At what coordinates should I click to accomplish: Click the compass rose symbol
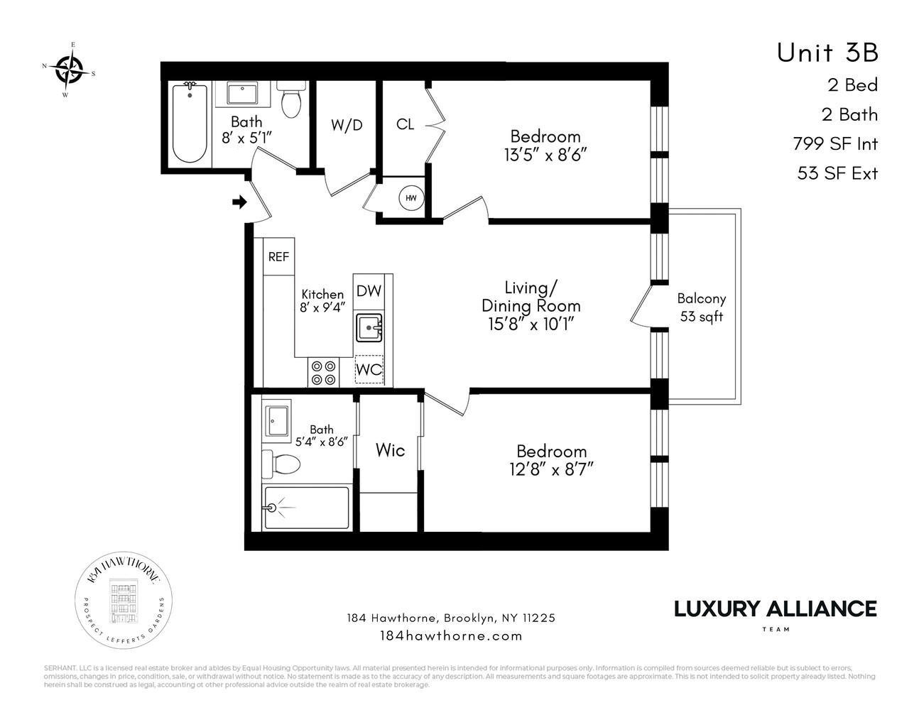69,69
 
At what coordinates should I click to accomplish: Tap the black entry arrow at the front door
239,202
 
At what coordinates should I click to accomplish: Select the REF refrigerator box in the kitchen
278,256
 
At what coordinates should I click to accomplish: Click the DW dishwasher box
369,290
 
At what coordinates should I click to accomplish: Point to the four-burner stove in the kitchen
323,373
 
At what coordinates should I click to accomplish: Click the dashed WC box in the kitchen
369,370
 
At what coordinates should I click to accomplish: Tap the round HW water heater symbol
411,198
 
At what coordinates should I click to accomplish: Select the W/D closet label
347,125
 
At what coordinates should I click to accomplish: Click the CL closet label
405,124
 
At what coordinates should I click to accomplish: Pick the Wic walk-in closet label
390,450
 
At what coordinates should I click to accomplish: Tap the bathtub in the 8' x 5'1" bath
190,121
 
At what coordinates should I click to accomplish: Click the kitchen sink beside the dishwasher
369,328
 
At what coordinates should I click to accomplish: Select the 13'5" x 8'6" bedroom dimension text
545,155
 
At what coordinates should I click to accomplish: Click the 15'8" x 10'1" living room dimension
531,324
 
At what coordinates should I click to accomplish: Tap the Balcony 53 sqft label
701,308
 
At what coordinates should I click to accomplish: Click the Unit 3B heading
827,53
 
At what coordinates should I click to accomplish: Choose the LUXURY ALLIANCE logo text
775,608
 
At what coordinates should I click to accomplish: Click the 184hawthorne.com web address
452,635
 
